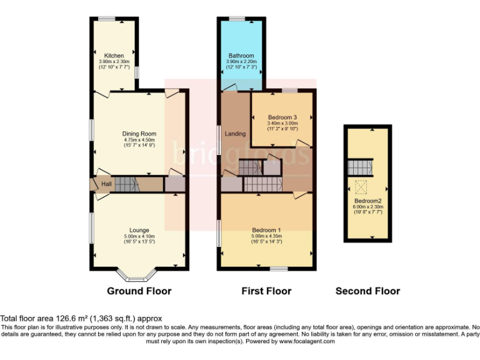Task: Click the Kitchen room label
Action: [114, 56]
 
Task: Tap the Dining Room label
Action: [139, 134]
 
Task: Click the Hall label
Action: [107, 184]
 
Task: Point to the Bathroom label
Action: [240, 56]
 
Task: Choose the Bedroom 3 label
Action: [282, 117]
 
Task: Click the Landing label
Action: [235, 134]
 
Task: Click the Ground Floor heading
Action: [139, 291]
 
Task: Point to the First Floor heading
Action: [266, 291]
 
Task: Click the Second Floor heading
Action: [367, 291]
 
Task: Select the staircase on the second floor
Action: [360, 167]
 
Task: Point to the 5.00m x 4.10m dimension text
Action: [139, 236]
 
